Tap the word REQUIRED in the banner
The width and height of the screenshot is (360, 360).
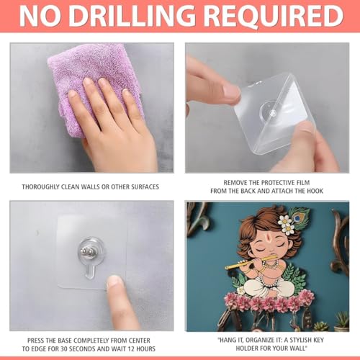click(274, 16)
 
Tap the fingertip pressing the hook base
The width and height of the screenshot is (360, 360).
click(115, 282)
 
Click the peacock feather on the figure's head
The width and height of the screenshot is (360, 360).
click(299, 217)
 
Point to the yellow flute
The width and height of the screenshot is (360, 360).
click(251, 263)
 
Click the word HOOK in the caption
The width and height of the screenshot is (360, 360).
click(315, 191)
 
